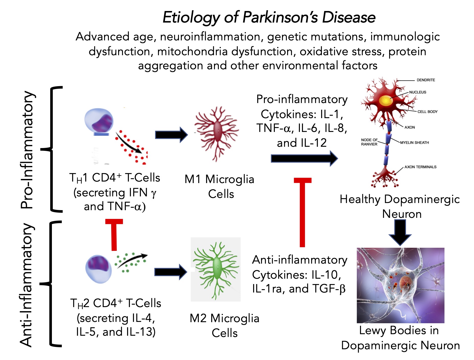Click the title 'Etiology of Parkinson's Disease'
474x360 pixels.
pos(269,17)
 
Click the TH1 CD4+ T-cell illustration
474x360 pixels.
pos(99,121)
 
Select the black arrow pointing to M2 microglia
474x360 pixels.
pos(170,272)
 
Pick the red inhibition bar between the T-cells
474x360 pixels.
pos(114,234)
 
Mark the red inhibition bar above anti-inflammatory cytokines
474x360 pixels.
pos(302,212)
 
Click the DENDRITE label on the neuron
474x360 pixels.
pos(426,80)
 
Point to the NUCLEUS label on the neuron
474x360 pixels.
pos(417,92)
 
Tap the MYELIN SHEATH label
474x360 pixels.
pos(414,143)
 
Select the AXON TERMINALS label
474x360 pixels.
pos(420,167)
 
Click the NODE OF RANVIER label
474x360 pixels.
pos(369,142)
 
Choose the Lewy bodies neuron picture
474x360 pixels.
pos(400,285)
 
